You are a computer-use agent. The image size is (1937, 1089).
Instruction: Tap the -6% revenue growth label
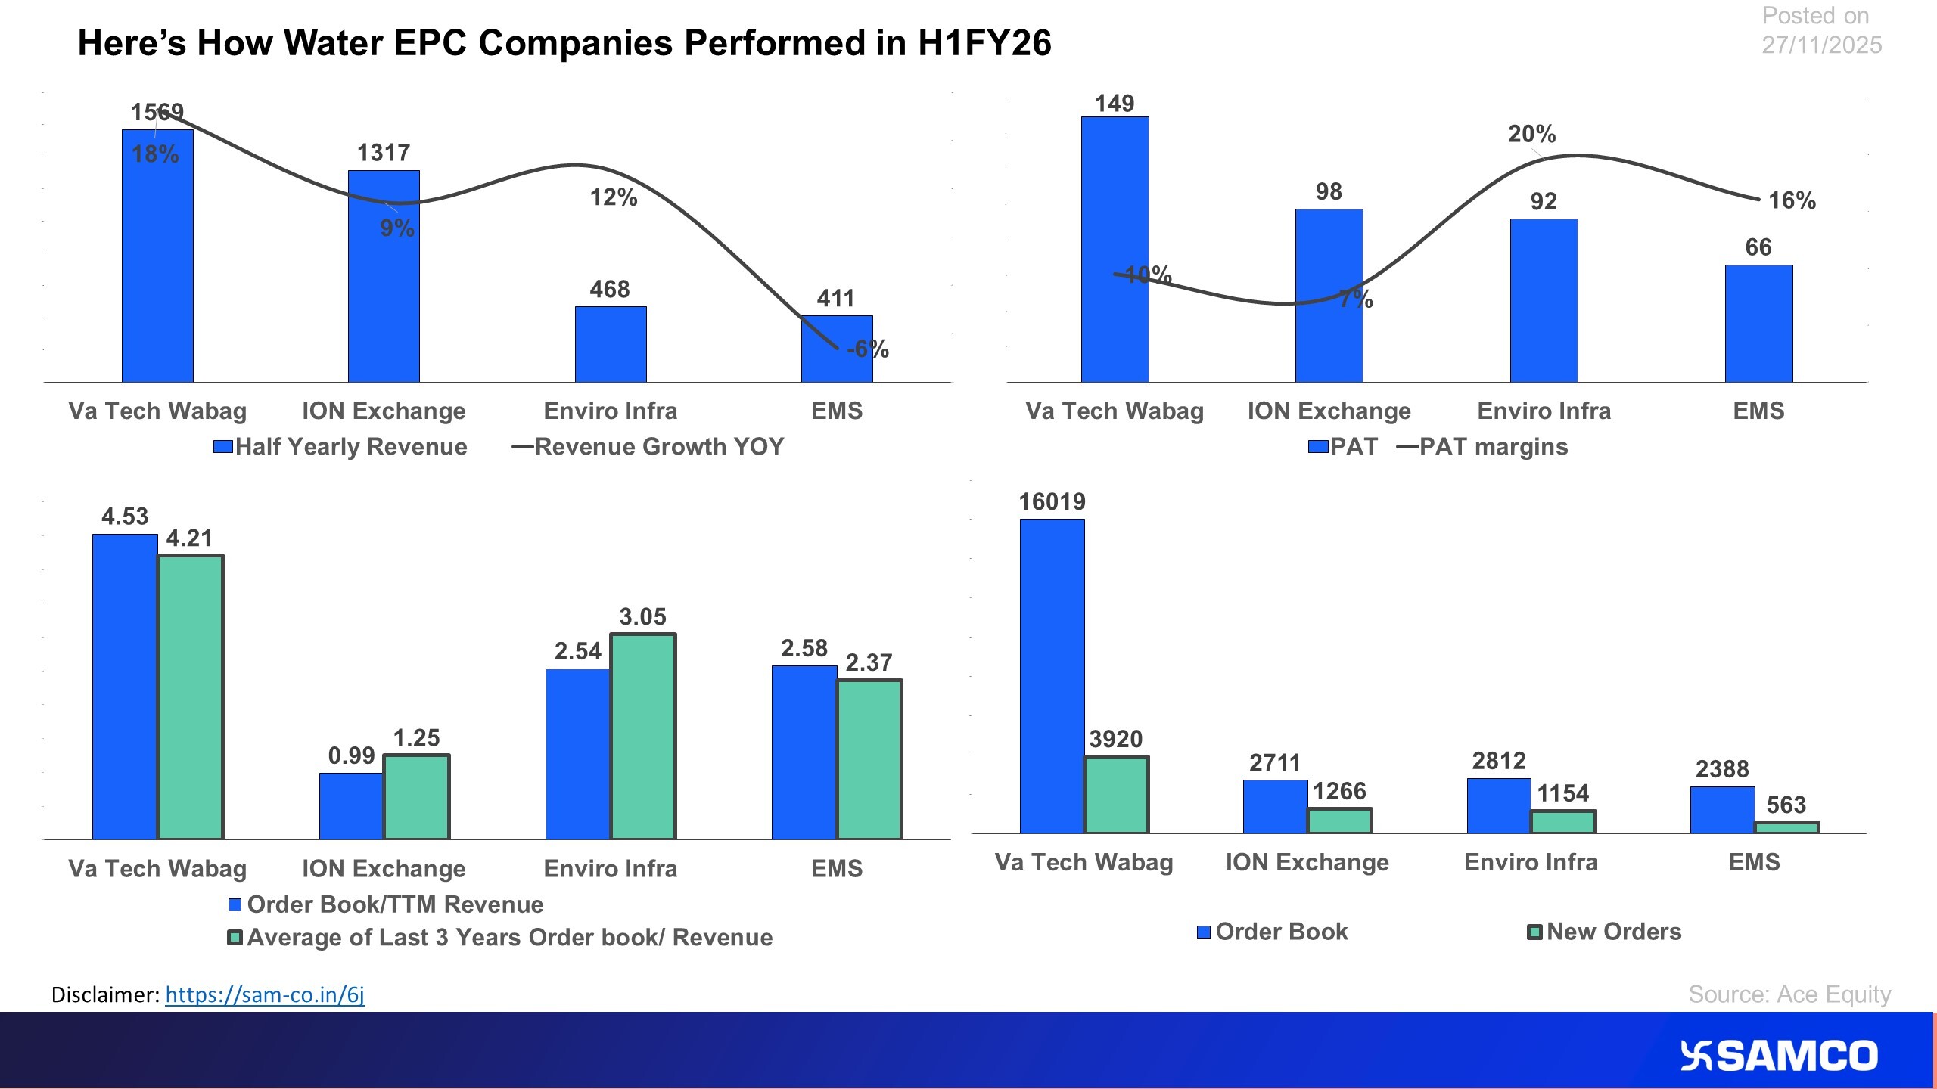coord(868,349)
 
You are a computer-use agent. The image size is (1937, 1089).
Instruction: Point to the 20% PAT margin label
coord(1531,135)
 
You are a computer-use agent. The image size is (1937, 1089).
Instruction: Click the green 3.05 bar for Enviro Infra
coord(643,737)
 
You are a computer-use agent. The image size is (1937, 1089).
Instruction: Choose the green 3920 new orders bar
coord(1116,795)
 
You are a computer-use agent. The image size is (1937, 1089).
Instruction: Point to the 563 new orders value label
coord(1786,805)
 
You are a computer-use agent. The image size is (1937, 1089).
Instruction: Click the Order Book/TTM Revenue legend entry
coord(386,904)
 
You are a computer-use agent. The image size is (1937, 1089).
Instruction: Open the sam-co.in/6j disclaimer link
coord(265,994)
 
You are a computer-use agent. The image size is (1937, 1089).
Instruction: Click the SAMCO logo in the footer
coord(1778,1056)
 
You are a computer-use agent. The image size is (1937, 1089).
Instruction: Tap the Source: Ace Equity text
coord(1789,994)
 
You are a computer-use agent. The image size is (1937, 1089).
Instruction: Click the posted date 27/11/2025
coord(1821,45)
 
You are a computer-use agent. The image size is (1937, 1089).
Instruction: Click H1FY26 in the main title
coord(984,43)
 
